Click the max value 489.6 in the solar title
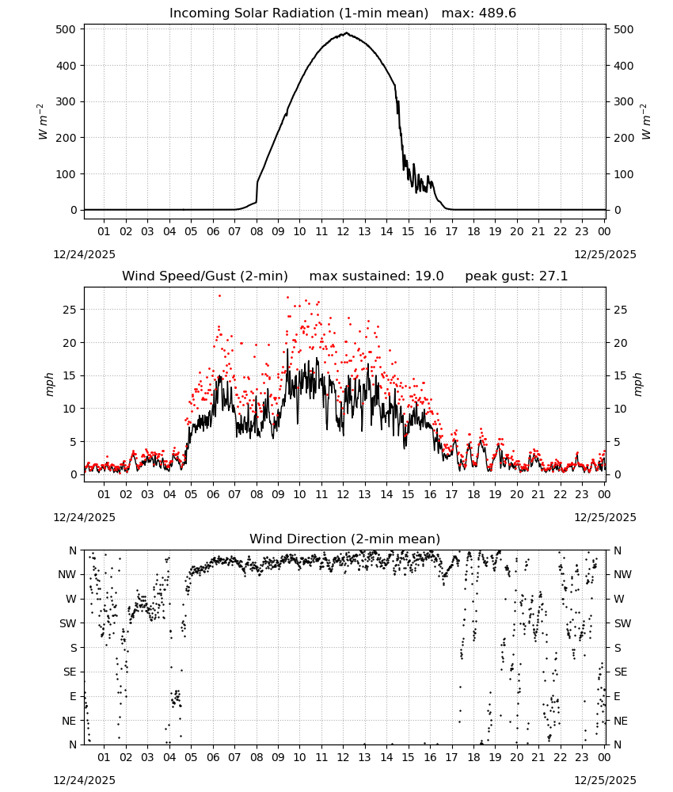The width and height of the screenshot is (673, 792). pyautogui.click(x=496, y=13)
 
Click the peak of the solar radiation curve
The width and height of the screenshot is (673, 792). pyautogui.click(x=346, y=32)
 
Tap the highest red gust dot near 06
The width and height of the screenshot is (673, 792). pyautogui.click(x=219, y=296)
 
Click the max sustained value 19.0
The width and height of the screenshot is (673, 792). pyautogui.click(x=429, y=276)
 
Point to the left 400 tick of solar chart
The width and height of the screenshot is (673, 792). pyautogui.click(x=67, y=66)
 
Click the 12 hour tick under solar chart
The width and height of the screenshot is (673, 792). pyautogui.click(x=343, y=231)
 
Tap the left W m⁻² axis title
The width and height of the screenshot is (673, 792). pyautogui.click(x=43, y=121)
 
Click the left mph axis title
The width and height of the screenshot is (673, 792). pyautogui.click(x=49, y=384)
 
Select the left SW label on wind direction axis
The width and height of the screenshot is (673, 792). pyautogui.click(x=68, y=623)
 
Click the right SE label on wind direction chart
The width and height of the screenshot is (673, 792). pyautogui.click(x=621, y=672)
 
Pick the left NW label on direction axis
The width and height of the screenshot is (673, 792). pyautogui.click(x=67, y=574)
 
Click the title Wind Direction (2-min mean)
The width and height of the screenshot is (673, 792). pyautogui.click(x=345, y=539)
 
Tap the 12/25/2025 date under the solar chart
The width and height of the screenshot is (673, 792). pyautogui.click(x=606, y=254)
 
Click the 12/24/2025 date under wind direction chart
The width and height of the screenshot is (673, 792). pyautogui.click(x=84, y=780)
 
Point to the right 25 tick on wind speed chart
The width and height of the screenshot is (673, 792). pyautogui.click(x=621, y=310)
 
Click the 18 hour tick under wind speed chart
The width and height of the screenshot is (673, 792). pyautogui.click(x=473, y=494)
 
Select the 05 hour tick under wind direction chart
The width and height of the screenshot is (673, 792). pyautogui.click(x=191, y=757)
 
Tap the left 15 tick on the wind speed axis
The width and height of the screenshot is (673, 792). pyautogui.click(x=70, y=375)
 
